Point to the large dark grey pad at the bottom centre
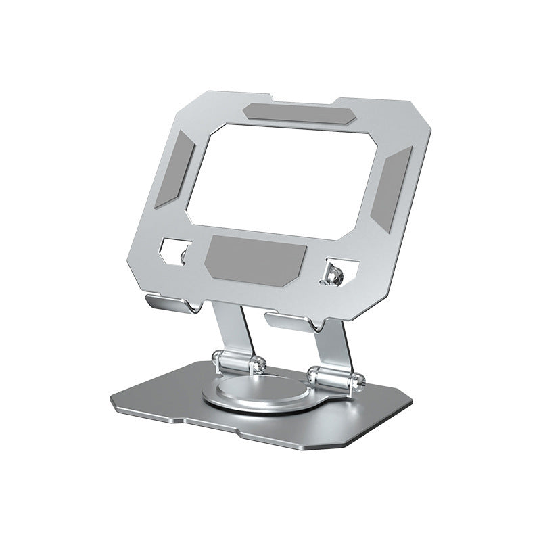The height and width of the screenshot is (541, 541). pos(256,258)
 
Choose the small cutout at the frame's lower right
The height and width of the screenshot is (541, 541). pos(334,270)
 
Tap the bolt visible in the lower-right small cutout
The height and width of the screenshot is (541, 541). pos(333,275)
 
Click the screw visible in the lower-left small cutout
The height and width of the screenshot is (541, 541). pos(183,255)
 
